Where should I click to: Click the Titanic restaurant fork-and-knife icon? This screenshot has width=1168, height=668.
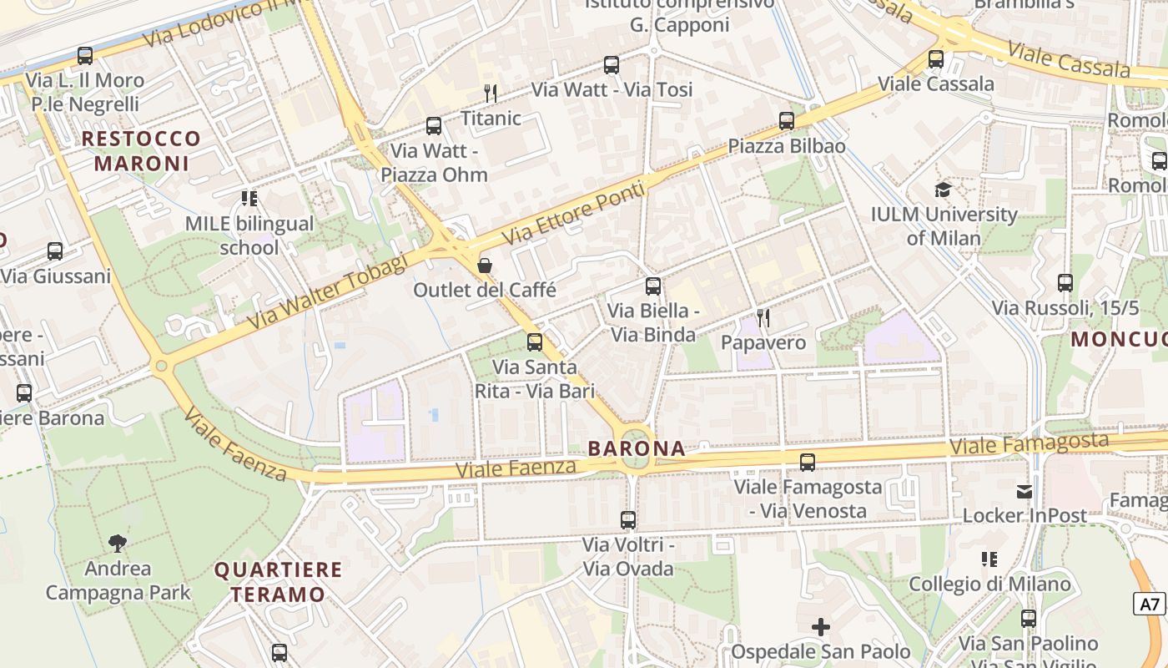[x=491, y=93]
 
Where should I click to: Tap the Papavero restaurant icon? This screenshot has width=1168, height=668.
[x=763, y=317]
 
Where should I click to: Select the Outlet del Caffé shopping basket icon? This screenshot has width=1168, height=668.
[x=485, y=266]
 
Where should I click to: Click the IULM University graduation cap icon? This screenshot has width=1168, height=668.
[x=944, y=190]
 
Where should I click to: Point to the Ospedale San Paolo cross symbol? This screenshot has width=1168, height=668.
[x=821, y=626]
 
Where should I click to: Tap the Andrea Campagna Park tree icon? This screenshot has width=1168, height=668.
[x=118, y=544]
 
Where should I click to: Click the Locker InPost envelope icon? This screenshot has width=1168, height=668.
[x=1025, y=491]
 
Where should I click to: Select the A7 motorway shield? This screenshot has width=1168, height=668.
[x=1150, y=604]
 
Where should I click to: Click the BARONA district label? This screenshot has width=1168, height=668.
[x=637, y=448]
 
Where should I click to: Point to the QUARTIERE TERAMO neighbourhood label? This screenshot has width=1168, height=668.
[x=279, y=582]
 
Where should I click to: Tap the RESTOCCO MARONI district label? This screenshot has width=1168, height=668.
[x=142, y=150]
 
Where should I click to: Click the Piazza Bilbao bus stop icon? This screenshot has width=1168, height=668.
[x=787, y=121]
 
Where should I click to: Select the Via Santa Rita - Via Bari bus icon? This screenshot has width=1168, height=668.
[x=535, y=342]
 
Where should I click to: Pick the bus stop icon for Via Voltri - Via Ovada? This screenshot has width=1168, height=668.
[x=628, y=519]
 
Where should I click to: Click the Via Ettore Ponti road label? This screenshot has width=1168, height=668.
[x=575, y=213]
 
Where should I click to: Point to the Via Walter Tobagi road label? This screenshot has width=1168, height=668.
[x=327, y=291]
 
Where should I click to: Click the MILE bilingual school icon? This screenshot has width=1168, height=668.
[x=249, y=199]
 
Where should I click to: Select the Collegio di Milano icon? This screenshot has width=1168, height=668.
[x=989, y=559]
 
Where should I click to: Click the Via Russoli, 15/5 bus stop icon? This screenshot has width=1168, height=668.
[x=1065, y=283]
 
